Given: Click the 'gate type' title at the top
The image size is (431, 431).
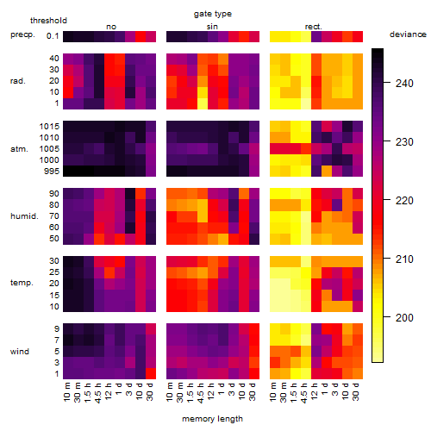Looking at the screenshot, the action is [x=213, y=14].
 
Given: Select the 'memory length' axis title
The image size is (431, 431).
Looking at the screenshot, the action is [x=212, y=419].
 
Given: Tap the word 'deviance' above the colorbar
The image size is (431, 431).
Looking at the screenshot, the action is [x=408, y=34].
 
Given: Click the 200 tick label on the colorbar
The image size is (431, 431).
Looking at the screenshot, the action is [x=404, y=317].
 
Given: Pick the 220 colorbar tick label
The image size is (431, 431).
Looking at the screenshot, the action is [x=404, y=200].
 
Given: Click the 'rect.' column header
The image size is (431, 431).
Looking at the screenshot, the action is [x=313, y=27].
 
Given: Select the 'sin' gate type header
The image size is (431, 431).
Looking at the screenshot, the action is [x=212, y=27].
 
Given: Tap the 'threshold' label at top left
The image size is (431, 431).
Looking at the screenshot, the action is [x=48, y=21].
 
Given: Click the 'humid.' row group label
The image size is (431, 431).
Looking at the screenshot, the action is [x=24, y=216].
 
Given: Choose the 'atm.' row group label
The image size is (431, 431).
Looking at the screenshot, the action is [x=19, y=149].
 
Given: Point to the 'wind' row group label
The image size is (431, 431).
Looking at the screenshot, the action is [x=20, y=352].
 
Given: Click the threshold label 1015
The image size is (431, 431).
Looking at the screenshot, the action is [x=49, y=127].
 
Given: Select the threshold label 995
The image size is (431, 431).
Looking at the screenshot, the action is [x=52, y=172].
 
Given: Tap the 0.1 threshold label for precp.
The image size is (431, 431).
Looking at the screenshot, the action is [x=53, y=36].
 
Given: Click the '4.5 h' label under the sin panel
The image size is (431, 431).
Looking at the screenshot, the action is [x=201, y=393].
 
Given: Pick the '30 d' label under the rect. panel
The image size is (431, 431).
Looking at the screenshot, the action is [x=355, y=391].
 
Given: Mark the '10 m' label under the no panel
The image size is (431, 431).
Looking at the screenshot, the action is [x=66, y=392].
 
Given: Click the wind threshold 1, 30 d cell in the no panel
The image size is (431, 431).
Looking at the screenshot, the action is [x=151, y=373].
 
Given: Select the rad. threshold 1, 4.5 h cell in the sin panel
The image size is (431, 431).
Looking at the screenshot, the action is [x=203, y=103].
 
